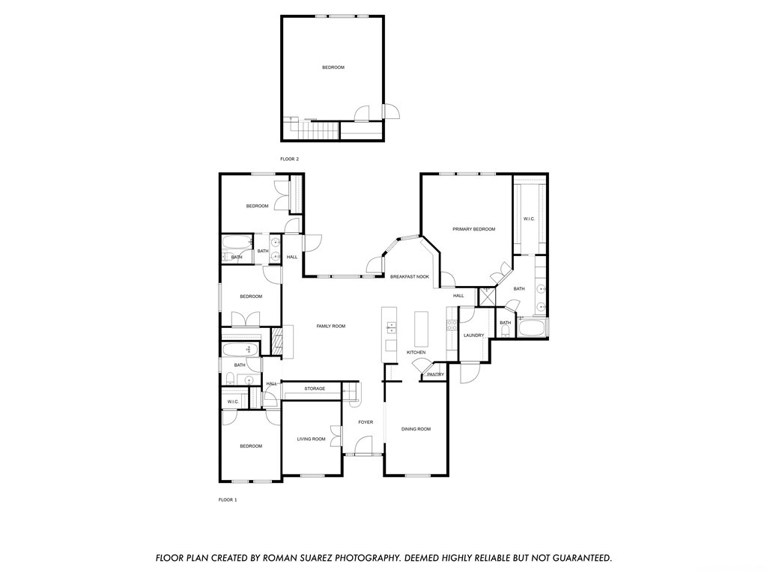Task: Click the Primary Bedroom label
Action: (473, 229)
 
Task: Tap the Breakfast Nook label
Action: (410, 277)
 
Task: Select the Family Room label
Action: (330, 326)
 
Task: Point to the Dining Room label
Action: (416, 429)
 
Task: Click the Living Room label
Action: (311, 439)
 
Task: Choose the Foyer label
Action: (366, 422)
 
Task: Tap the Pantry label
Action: (435, 375)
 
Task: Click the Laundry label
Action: (473, 335)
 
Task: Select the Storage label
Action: (315, 389)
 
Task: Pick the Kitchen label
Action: (416, 353)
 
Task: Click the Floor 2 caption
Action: (289, 159)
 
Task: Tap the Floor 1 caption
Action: (228, 499)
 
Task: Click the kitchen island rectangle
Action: (421, 329)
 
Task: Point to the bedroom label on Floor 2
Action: (333, 67)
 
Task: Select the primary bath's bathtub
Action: (533, 327)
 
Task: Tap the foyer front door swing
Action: (363, 445)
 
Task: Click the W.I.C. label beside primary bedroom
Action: (529, 219)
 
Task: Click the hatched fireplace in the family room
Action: (277, 341)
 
